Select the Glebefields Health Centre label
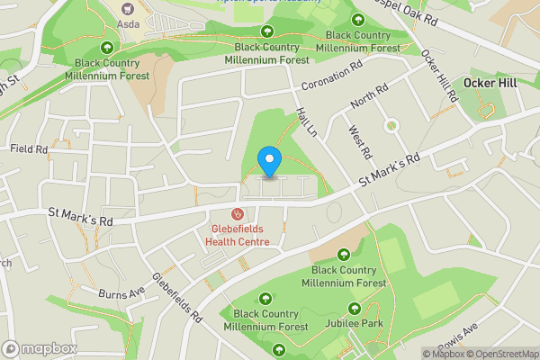237,235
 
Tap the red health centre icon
238,214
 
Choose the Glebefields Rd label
177,298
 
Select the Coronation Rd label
331,77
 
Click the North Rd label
369,97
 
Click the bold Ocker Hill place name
491,83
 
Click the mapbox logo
39,348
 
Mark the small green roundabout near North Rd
391,125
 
